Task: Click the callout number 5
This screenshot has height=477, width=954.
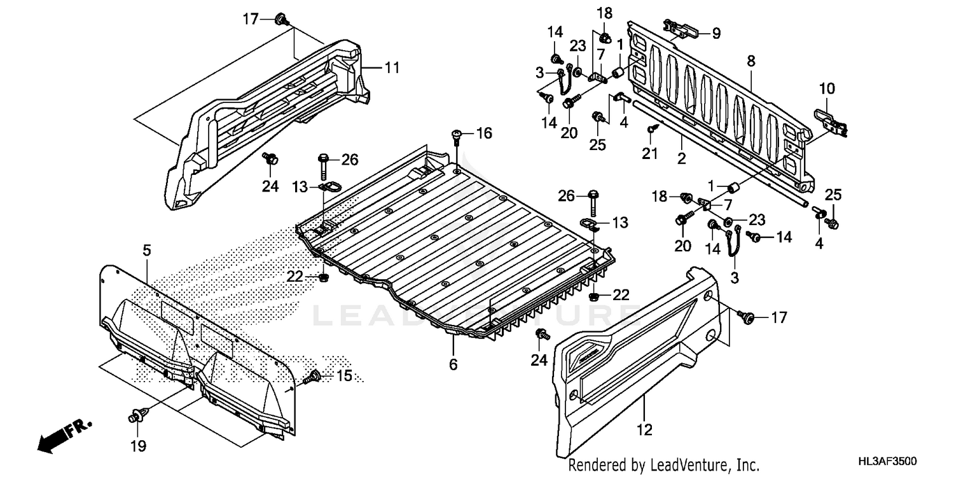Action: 147,251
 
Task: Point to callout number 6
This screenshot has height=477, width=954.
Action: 453,364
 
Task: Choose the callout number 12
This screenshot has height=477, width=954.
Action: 644,430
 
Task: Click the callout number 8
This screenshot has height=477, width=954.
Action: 750,62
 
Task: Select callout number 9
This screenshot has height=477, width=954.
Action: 716,33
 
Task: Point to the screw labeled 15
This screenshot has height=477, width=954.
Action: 313,378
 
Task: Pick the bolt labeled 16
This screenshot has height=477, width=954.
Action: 457,135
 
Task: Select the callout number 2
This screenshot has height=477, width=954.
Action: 681,159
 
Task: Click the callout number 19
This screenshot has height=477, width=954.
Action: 139,446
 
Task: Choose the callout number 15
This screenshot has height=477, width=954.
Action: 344,376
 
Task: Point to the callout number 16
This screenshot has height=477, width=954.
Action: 484,134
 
